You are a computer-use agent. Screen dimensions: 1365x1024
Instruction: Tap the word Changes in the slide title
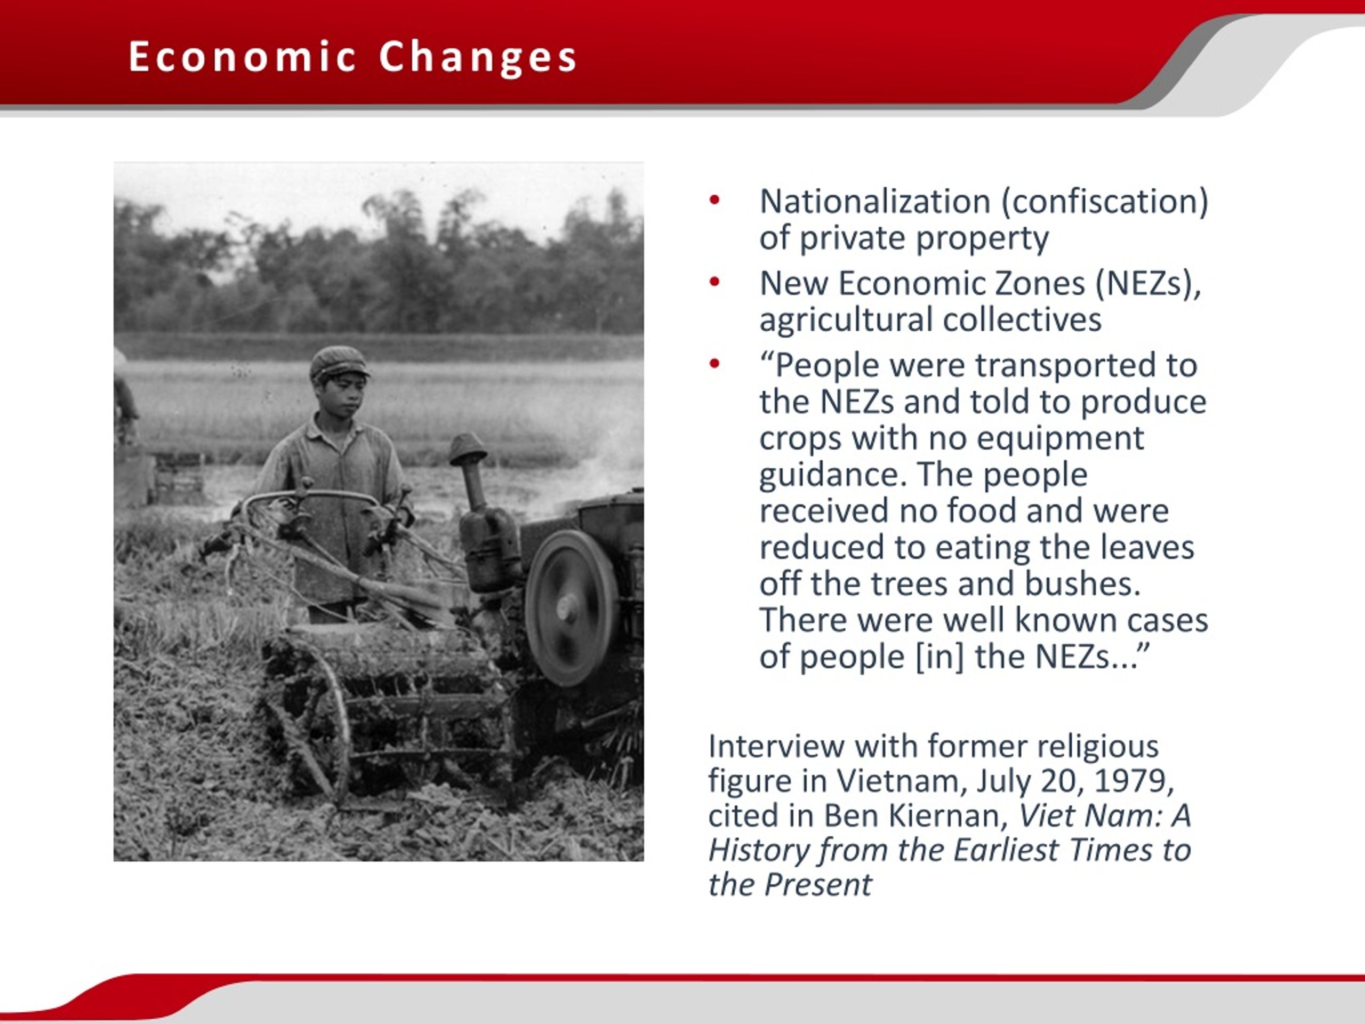[478, 58]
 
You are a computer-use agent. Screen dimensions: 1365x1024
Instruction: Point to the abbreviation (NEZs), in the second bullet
[1149, 284]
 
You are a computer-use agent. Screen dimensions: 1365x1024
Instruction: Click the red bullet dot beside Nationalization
[714, 199]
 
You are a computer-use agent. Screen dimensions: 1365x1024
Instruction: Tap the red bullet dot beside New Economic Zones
[714, 282]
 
